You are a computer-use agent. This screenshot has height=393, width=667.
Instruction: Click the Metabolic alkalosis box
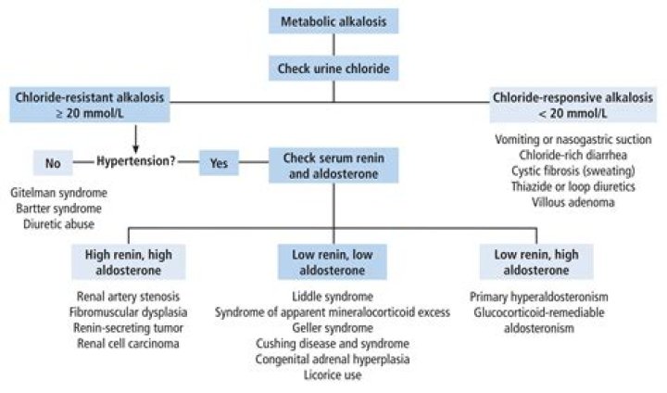[333, 19]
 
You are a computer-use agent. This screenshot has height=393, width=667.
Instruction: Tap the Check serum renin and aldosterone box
[333, 162]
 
